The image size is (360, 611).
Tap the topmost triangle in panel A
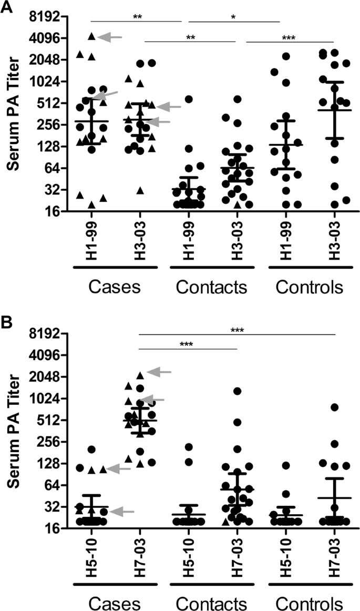pyautogui.click(x=91, y=36)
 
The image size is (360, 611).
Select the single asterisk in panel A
pyautogui.click(x=233, y=17)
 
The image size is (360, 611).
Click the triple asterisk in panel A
pyautogui.click(x=289, y=37)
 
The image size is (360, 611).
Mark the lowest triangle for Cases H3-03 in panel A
pyautogui.click(x=140, y=190)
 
